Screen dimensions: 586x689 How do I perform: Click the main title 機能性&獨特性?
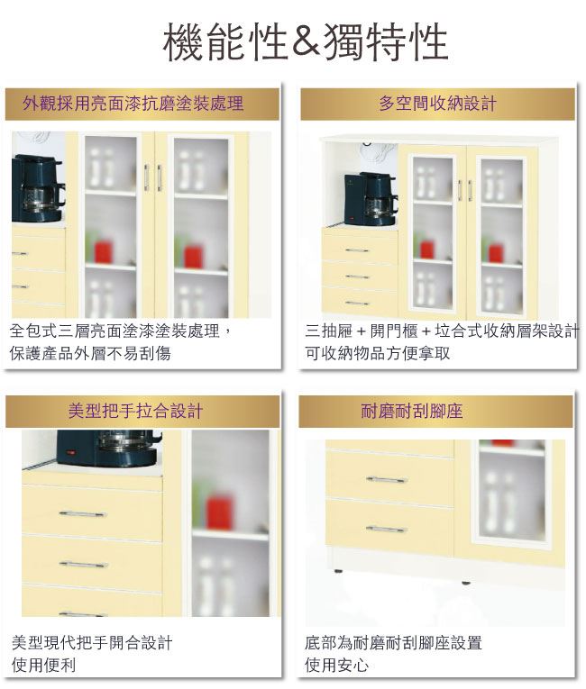click(306, 42)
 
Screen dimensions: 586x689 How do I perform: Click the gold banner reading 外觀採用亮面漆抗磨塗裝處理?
click(142, 104)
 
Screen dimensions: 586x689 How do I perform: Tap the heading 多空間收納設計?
click(438, 104)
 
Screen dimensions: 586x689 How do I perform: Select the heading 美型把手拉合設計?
click(135, 412)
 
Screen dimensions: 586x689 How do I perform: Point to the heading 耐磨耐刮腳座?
click(412, 412)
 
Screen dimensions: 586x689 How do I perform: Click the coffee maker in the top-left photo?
click(38, 188)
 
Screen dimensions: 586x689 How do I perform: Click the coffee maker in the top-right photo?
click(371, 199)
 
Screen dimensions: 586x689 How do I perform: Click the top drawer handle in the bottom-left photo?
click(82, 513)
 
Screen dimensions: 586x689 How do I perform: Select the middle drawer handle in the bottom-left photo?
click(84, 564)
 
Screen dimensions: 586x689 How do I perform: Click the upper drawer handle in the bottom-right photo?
click(387, 479)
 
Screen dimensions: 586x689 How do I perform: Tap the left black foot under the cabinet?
click(338, 571)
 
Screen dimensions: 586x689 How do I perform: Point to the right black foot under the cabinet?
click(465, 583)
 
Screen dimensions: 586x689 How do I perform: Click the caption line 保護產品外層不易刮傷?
click(91, 353)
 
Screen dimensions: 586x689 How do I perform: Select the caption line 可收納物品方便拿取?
click(378, 353)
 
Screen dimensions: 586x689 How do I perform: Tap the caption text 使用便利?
click(43, 665)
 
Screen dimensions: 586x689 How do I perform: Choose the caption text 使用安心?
click(337, 665)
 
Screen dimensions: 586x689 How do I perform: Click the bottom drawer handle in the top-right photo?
click(357, 304)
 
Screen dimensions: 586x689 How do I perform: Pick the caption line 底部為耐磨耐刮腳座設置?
click(393, 642)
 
